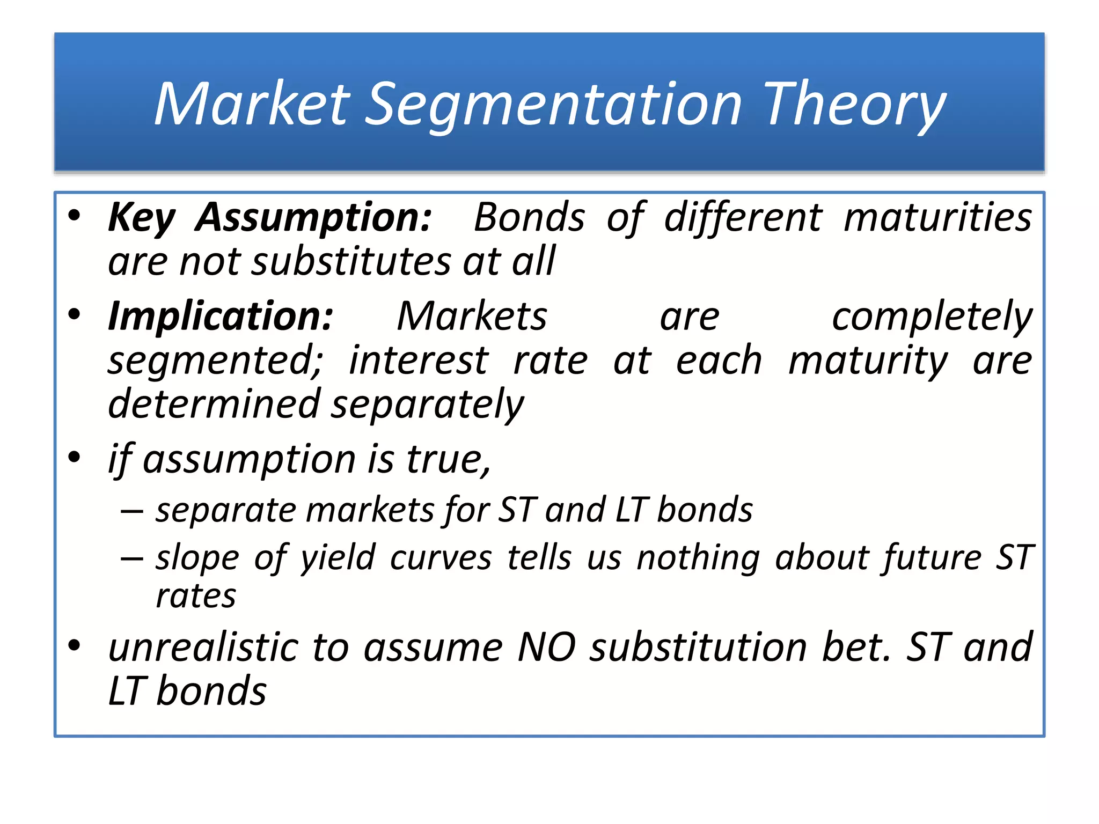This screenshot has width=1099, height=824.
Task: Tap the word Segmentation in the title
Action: click(553, 105)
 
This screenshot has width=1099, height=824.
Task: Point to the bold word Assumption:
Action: click(313, 218)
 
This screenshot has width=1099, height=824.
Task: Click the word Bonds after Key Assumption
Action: click(529, 218)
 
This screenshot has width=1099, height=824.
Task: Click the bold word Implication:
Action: click(221, 317)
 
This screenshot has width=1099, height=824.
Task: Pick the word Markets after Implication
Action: click(472, 317)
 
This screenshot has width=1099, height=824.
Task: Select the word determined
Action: click(214, 403)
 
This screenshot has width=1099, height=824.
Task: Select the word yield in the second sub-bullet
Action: click(338, 558)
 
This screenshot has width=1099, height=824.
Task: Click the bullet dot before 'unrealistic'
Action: click(75, 645)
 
